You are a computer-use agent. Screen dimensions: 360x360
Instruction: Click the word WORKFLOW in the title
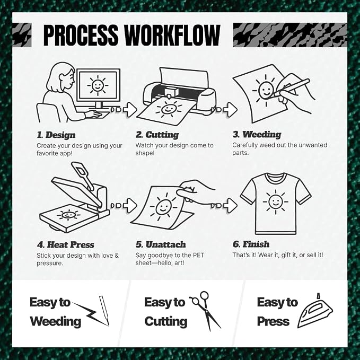[x=172, y=35]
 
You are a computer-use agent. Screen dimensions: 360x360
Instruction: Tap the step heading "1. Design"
[x=56, y=135]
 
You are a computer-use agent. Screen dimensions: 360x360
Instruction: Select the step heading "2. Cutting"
[x=157, y=135]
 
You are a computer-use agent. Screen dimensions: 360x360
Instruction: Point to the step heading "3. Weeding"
[x=257, y=135]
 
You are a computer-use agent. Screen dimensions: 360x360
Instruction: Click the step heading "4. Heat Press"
[x=65, y=244]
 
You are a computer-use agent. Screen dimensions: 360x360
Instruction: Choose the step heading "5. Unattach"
[x=161, y=244]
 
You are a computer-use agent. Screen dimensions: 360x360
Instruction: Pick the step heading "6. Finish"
[x=251, y=244]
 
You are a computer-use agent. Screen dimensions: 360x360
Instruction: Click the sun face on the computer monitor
[x=98, y=85]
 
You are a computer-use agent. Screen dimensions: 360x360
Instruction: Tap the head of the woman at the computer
[x=61, y=77]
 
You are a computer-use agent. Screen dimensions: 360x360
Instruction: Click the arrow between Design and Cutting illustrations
[x=124, y=110]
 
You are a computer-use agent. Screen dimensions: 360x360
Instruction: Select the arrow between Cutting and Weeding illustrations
[x=224, y=110]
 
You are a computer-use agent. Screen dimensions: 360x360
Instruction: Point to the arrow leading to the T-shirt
[x=224, y=205]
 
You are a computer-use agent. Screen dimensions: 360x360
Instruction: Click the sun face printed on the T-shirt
[x=276, y=202]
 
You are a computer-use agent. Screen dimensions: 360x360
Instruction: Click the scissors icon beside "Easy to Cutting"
[x=204, y=311]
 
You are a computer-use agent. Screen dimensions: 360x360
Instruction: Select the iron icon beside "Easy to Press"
[x=315, y=311]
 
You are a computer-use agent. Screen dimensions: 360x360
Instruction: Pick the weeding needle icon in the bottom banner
[x=104, y=311]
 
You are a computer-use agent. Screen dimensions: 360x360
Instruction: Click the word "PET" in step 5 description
[x=198, y=255]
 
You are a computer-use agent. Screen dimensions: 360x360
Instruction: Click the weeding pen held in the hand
[x=292, y=87]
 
